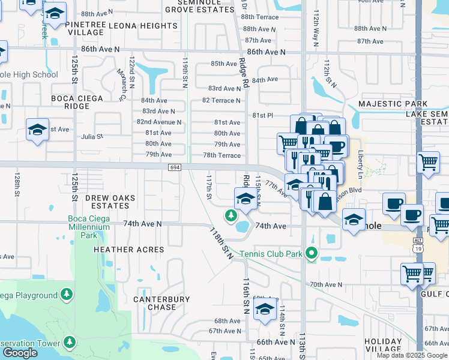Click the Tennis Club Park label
(x=271, y=253)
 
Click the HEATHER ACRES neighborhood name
(x=128, y=249)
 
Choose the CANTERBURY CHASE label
(x=161, y=303)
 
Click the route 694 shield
(x=174, y=167)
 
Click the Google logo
(x=20, y=353)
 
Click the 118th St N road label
(x=221, y=243)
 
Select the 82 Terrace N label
(x=221, y=100)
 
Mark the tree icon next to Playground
(x=67, y=295)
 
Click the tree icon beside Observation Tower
(x=70, y=343)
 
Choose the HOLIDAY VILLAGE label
(x=383, y=345)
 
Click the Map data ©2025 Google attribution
(x=412, y=355)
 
